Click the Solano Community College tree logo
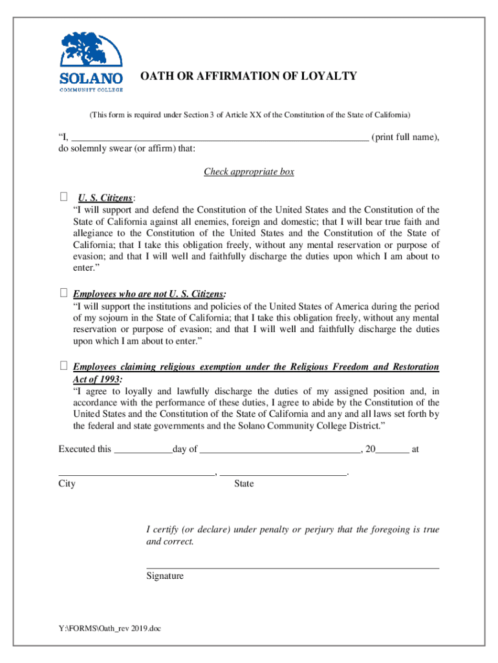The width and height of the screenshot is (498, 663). pyautogui.click(x=91, y=55)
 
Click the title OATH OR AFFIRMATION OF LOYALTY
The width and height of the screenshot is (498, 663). pyautogui.click(x=249, y=76)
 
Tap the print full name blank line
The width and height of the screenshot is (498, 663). pyautogui.click(x=219, y=137)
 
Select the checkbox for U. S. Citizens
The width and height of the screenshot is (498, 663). pyautogui.click(x=63, y=197)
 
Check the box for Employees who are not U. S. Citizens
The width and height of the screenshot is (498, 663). pyautogui.click(x=63, y=293)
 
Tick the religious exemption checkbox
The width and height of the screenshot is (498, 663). pyautogui.click(x=63, y=366)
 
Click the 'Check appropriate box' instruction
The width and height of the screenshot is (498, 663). pyautogui.click(x=249, y=172)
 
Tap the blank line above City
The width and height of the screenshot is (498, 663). pyautogui.click(x=136, y=473)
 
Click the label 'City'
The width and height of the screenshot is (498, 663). pyautogui.click(x=67, y=484)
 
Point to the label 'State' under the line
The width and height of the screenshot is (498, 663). pyautogui.click(x=244, y=484)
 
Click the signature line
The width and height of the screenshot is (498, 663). pyautogui.click(x=292, y=567)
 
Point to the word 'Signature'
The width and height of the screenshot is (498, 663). pyautogui.click(x=165, y=576)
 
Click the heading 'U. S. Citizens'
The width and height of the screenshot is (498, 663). pyautogui.click(x=106, y=197)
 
